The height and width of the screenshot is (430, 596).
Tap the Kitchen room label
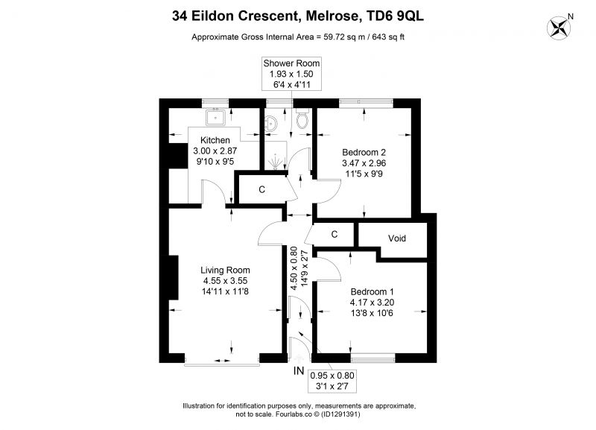click(x=215, y=140)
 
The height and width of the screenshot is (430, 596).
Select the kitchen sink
click(x=215, y=117)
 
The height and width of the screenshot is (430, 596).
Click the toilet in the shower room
click(x=302, y=118)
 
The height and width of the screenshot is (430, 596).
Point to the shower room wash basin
click(x=271, y=123)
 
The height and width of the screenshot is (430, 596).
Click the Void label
click(x=397, y=238)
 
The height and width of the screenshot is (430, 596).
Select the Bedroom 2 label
click(x=364, y=153)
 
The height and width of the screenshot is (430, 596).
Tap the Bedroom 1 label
click(x=372, y=292)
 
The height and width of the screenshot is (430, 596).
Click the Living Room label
click(x=225, y=271)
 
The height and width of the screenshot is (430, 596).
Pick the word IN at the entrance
click(x=299, y=370)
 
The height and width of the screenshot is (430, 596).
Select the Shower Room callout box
click(x=291, y=74)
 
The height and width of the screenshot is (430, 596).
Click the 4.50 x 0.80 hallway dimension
click(x=294, y=268)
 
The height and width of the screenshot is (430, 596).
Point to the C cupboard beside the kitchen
click(x=261, y=189)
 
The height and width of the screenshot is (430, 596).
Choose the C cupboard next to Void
click(x=334, y=234)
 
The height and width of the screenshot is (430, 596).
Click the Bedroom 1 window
click(x=373, y=358)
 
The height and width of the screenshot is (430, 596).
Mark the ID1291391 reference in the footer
click(x=340, y=414)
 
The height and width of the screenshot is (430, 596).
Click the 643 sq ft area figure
click(x=388, y=37)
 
